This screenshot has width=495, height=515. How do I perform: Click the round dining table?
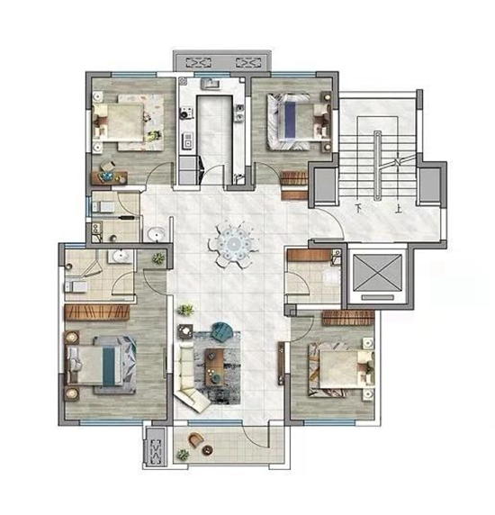234,244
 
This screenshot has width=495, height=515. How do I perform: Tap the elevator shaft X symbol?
377,273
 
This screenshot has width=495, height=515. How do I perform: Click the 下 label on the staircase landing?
359,208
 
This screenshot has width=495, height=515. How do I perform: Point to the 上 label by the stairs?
399,209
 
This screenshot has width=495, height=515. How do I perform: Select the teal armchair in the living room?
222,330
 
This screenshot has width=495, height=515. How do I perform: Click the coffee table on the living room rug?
214,367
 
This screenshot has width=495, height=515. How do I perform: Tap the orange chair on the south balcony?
196,439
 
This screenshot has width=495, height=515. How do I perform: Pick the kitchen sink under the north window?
210,84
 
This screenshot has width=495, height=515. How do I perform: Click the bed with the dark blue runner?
289,121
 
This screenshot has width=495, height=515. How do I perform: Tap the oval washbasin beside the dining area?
157,234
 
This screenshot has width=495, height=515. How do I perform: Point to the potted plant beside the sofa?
185,310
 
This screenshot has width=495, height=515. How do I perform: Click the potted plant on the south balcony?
183,455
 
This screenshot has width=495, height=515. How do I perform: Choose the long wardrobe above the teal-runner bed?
97,312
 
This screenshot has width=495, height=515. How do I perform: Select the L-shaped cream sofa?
188,377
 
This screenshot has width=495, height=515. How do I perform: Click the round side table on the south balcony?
208,450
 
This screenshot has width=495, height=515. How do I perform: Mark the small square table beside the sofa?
186,331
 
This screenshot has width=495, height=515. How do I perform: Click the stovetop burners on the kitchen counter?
184,113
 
